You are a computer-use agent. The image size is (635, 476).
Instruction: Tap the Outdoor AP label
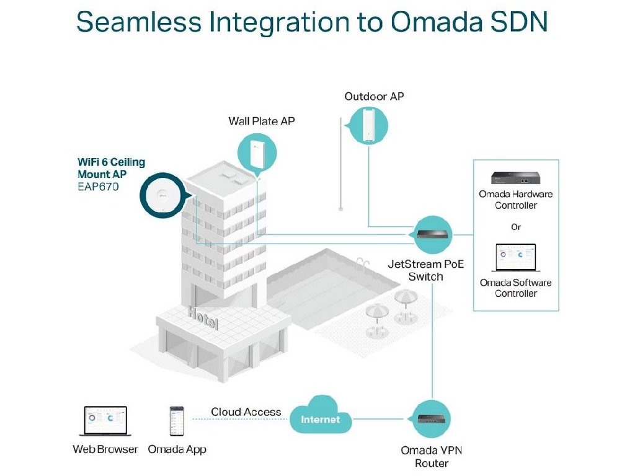point(374,97)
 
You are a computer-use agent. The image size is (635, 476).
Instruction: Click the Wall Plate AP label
point(262,121)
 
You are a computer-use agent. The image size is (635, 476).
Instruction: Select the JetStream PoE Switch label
point(425,270)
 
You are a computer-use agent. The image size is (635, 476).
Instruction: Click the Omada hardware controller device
point(515,178)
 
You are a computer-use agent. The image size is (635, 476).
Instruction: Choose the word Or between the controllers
point(516,227)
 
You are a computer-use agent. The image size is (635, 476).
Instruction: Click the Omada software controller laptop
point(515,258)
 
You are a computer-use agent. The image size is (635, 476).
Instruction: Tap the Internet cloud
point(321,419)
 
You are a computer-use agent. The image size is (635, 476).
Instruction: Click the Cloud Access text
point(246,412)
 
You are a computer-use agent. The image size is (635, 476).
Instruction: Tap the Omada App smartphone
point(177,421)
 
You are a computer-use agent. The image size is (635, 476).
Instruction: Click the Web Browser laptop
point(105,422)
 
